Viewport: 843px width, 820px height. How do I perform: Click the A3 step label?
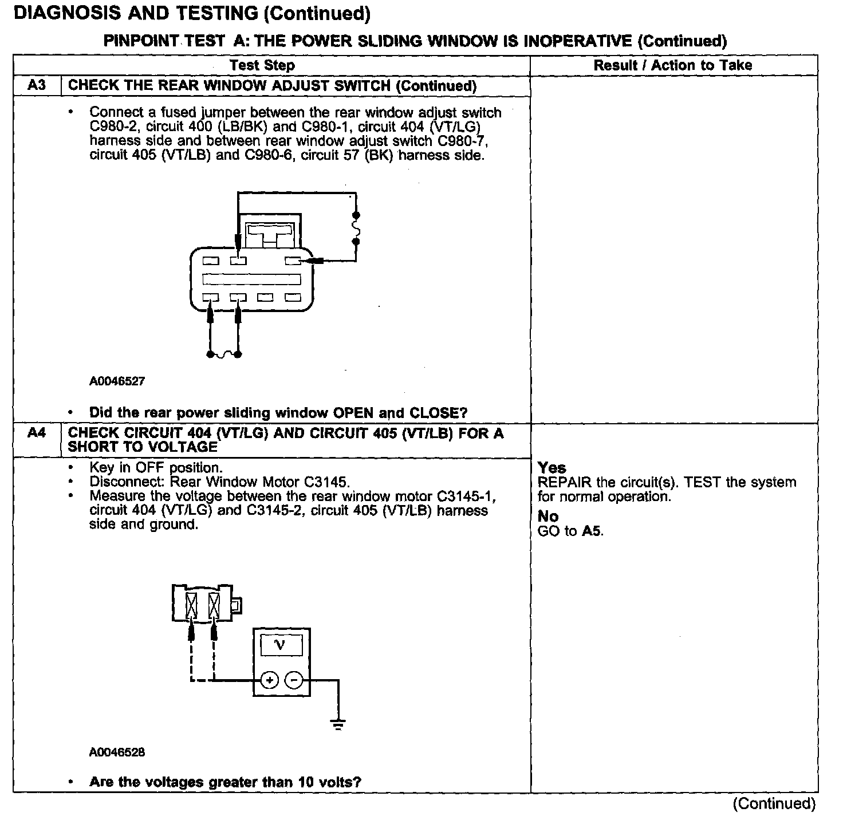(x=37, y=86)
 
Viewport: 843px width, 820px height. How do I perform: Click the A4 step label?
(x=37, y=433)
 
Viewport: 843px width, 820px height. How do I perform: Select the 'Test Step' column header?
(x=262, y=65)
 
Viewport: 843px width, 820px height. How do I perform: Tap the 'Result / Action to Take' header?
(x=673, y=65)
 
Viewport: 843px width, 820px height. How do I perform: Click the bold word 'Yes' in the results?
(x=552, y=468)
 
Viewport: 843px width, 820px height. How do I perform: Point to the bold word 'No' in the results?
(x=548, y=517)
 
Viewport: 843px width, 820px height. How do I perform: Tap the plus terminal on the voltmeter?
(x=269, y=680)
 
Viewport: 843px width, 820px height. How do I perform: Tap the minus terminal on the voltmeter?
(x=294, y=680)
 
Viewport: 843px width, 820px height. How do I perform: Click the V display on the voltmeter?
(x=281, y=646)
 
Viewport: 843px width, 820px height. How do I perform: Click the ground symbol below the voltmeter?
(x=338, y=726)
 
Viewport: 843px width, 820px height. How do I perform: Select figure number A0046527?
(x=117, y=381)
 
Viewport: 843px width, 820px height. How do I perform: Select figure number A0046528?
(x=117, y=752)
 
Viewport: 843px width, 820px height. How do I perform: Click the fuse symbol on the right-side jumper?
(x=356, y=228)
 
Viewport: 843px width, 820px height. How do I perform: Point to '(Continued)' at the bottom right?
(x=774, y=803)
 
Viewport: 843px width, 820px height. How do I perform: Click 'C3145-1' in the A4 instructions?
(x=466, y=496)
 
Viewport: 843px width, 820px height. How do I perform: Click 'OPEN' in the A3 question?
(x=354, y=413)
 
